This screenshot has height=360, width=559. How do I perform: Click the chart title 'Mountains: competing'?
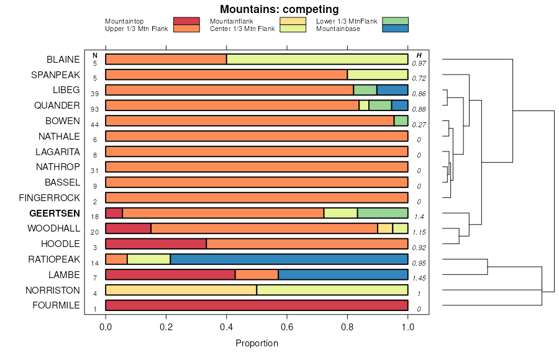pos(279,9)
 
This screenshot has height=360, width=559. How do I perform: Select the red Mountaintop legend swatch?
pos(186,21)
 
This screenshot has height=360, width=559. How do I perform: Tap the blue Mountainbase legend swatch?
pos(395,28)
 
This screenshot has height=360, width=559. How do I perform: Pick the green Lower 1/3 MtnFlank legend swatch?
pos(395,21)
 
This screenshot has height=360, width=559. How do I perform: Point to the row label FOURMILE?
pos(56,305)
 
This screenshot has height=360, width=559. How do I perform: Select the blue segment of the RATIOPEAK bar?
pos(289,259)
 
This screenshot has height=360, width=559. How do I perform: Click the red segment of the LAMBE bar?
pos(170,274)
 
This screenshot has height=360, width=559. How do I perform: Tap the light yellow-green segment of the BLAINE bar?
pos(317,59)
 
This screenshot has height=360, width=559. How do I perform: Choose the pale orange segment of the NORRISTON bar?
pos(181,290)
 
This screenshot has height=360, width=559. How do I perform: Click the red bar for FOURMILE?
pos(257,305)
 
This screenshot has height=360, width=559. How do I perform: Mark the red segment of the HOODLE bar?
pos(156,244)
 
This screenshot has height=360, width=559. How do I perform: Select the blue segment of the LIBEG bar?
pos(392,90)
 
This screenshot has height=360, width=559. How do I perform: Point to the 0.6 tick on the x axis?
pos(287,327)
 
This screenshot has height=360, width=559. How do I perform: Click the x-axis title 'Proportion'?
pos(257,343)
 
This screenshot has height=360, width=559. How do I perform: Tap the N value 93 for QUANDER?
pos(95,109)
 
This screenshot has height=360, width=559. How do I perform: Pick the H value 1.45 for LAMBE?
pos(419,278)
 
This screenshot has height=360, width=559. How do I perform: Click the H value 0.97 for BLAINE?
pos(419,63)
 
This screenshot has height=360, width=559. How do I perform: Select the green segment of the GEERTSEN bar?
pos(383,213)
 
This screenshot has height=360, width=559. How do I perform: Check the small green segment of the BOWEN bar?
pos(401,120)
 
